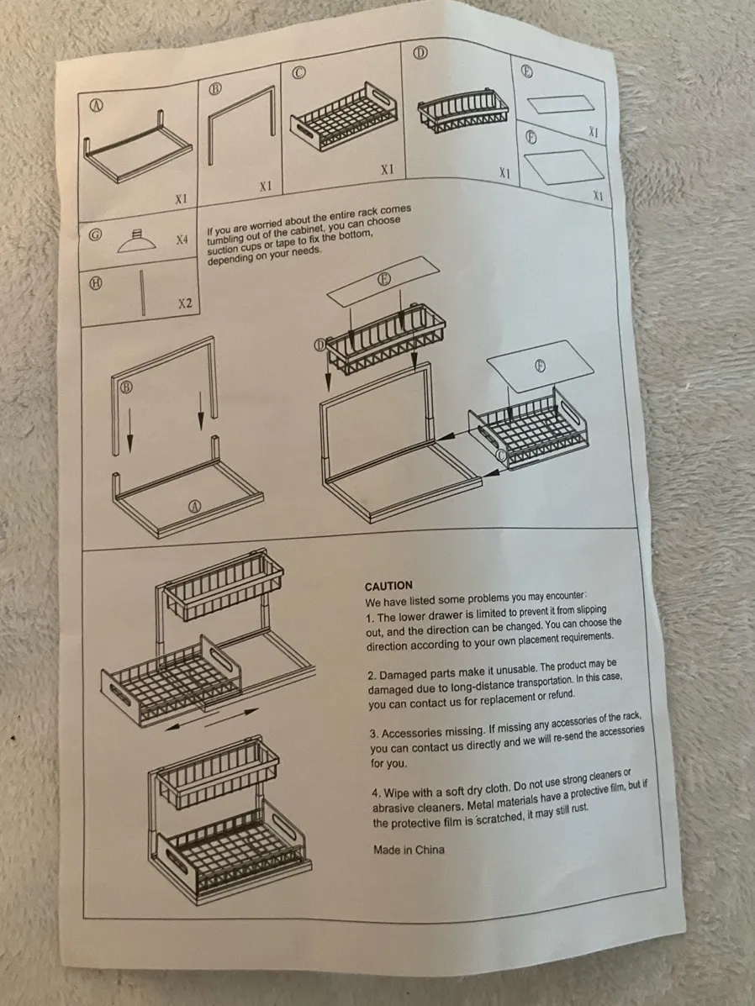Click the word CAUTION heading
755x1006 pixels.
(388, 586)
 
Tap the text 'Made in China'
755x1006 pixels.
(409, 850)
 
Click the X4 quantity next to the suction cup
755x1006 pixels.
(182, 240)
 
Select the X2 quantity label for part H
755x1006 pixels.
(185, 303)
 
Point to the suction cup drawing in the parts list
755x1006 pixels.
(136, 241)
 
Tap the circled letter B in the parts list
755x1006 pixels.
(215, 88)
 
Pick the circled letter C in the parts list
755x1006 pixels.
(298, 72)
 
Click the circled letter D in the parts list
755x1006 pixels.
(420, 52)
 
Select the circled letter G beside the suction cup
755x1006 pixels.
(94, 234)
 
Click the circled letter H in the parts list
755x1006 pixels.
(95, 282)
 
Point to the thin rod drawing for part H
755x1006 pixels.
(142, 292)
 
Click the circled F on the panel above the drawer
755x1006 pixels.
(541, 366)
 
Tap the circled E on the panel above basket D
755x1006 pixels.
(384, 278)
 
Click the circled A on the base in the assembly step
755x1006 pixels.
(194, 506)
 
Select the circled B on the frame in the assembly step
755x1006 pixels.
(126, 387)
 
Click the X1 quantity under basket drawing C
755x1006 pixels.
(387, 170)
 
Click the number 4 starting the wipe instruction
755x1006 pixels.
(376, 794)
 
